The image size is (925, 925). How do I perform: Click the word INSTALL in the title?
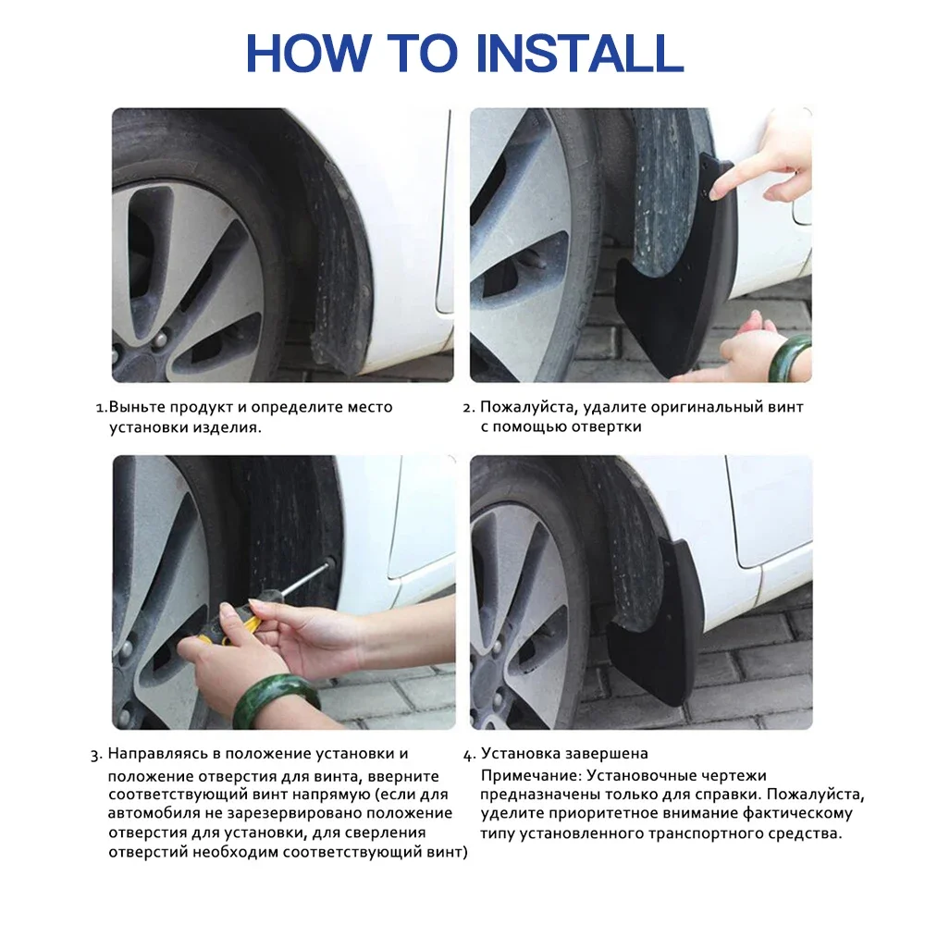[x=579, y=53]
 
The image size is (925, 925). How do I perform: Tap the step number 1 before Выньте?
[x=99, y=408]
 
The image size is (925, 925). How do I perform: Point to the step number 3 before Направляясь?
[x=94, y=755]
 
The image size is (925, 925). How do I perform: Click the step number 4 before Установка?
[x=467, y=755]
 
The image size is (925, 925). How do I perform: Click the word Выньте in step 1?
[x=138, y=407]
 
